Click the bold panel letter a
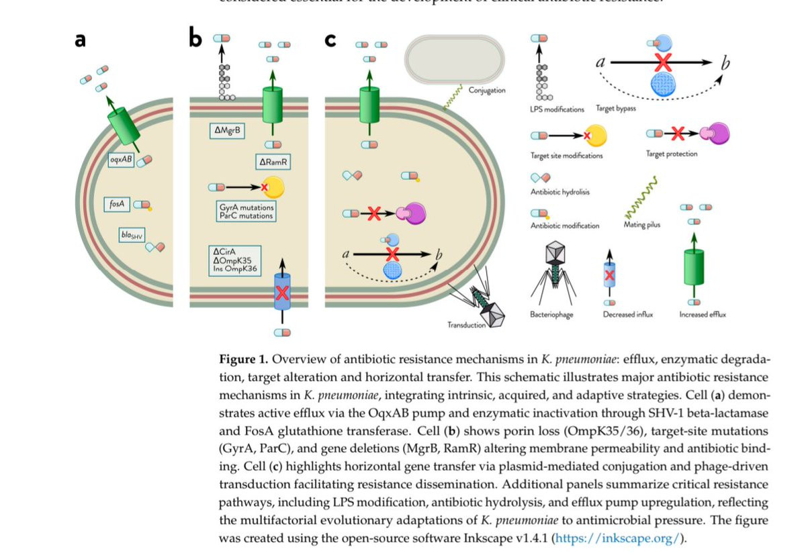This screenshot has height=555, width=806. tap(80, 40)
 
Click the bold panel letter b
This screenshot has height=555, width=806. tap(195, 39)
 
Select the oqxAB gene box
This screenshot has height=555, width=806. tap(122, 160)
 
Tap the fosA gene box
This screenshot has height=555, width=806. tap(118, 204)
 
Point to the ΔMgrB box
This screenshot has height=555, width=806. tap(226, 128)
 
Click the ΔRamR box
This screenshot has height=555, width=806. tap(273, 162)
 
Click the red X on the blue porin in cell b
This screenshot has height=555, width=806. tap(282, 293)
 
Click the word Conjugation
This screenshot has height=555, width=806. tap(487, 90)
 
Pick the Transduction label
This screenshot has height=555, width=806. tap(467, 325)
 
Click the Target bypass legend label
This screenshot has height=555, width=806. tap(615, 109)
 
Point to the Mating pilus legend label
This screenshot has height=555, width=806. tap(642, 225)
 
